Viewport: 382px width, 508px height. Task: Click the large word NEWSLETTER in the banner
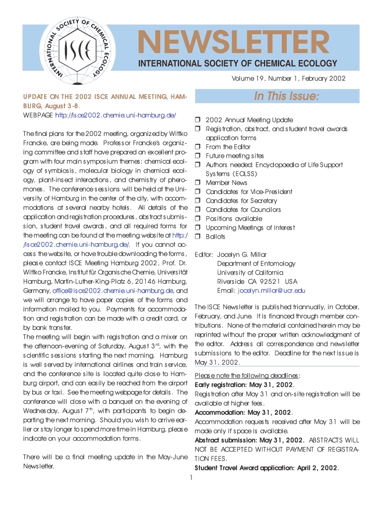pos(233,43)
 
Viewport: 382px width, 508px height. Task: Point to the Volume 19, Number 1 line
pos(288,79)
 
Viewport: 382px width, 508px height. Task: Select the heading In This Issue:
pos(287,96)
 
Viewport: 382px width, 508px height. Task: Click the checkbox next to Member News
pos(197,183)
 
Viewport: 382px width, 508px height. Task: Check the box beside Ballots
pos(197,237)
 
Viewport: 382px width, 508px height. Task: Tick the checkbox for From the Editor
pos(197,147)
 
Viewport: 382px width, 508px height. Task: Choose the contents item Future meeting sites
pos(235,156)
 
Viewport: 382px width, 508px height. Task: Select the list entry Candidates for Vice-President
pos(249,192)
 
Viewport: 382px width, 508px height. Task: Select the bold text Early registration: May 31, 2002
pos(244,384)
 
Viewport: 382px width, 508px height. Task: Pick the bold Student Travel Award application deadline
pos(266,468)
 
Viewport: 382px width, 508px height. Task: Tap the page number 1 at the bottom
pos(191,478)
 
